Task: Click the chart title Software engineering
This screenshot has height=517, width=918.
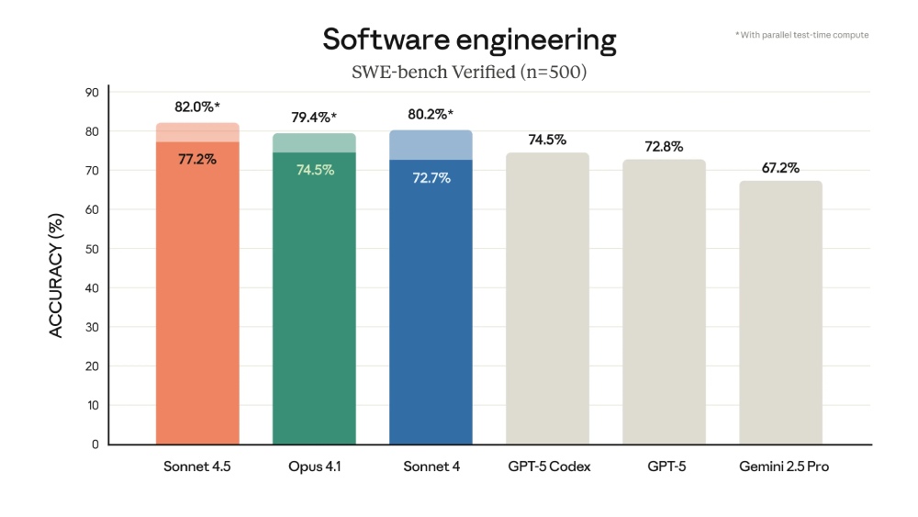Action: [469, 40]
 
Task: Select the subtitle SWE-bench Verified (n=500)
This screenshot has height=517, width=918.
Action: [469, 72]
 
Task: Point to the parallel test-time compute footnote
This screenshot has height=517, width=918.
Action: [801, 35]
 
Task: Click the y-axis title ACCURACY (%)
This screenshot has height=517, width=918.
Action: [57, 276]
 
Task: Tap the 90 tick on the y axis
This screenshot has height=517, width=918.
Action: [92, 92]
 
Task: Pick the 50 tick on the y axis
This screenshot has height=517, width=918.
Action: [92, 249]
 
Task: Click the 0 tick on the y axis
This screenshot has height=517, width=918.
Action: [95, 444]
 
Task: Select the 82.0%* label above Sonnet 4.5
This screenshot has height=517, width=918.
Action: [197, 107]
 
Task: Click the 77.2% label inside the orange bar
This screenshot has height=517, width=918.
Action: [197, 159]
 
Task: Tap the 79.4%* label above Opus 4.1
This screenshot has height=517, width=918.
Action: [314, 118]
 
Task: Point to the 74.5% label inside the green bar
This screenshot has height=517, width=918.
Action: [314, 170]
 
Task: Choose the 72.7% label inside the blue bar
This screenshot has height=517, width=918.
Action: [431, 177]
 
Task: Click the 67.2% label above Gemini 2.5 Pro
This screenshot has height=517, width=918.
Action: [780, 168]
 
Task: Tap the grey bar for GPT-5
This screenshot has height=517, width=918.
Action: [664, 303]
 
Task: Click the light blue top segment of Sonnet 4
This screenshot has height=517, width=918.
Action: [431, 144]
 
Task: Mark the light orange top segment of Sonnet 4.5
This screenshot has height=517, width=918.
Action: [197, 132]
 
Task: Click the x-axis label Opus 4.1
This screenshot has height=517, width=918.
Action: [314, 466]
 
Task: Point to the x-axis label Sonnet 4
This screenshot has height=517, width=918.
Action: [431, 466]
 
